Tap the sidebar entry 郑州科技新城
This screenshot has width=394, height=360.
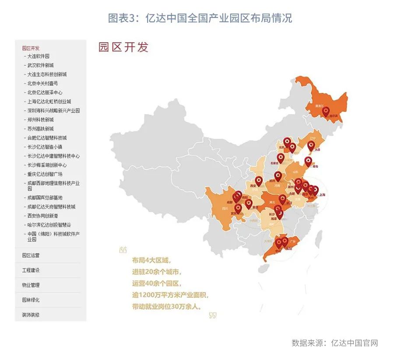40,120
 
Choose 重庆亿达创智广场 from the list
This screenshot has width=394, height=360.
45,174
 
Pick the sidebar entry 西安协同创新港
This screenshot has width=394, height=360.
42,215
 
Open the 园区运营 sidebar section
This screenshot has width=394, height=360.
31,255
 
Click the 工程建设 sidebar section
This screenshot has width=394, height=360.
31,270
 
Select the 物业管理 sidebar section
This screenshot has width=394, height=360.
31,285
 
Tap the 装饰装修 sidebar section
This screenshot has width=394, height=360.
31,315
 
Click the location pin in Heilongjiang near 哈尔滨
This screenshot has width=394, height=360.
326,111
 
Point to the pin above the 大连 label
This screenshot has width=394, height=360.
311,145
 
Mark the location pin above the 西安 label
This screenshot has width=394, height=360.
259,180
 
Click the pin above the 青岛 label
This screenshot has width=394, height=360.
308,161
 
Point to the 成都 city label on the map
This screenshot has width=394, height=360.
230,202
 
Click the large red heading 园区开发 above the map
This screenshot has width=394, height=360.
123,47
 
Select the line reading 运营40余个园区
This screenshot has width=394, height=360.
156,283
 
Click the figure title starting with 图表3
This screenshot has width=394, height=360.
200,18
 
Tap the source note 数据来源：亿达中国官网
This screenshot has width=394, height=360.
334,343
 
